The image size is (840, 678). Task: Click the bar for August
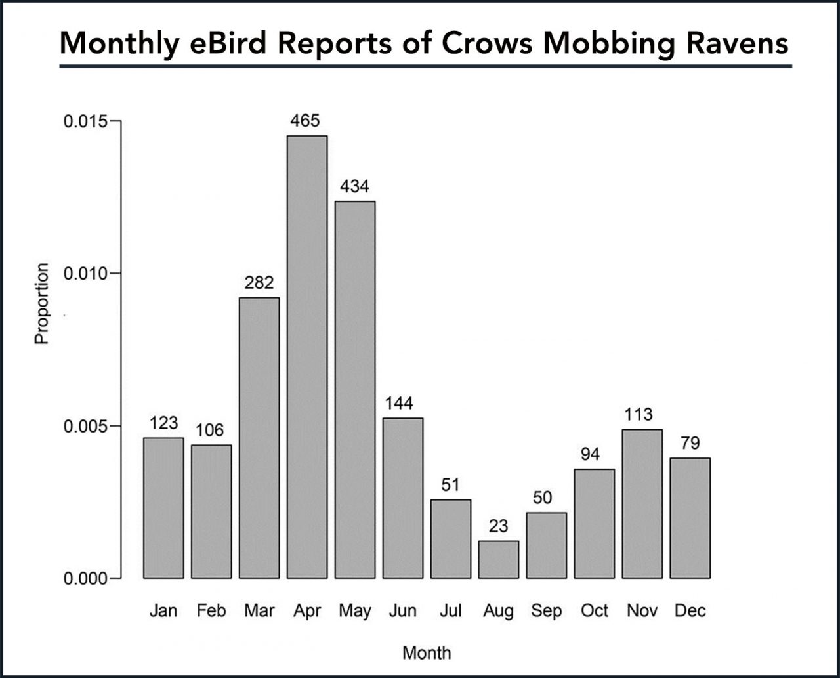(x=498, y=559)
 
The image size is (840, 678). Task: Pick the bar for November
(x=642, y=503)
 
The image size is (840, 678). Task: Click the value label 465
(x=306, y=121)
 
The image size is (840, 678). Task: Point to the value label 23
(x=498, y=526)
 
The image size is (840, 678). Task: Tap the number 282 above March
(x=259, y=283)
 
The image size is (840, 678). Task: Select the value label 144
(x=402, y=403)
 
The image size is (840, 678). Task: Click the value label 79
(x=690, y=443)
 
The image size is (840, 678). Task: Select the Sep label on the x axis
(x=546, y=611)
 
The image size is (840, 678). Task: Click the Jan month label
(x=163, y=611)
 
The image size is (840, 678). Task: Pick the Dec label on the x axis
(x=690, y=611)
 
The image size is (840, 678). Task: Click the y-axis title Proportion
(x=42, y=303)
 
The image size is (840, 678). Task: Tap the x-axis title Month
(x=427, y=653)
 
